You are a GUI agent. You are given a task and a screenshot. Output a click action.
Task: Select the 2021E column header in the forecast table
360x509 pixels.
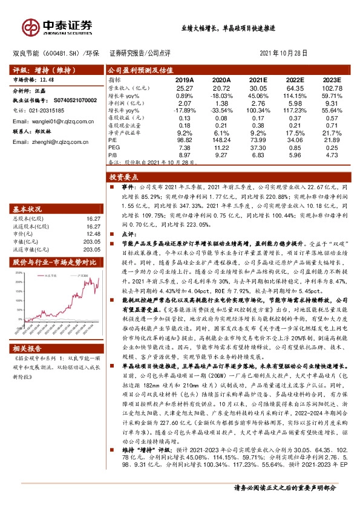258,79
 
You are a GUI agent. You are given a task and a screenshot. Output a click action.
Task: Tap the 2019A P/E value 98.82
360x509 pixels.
185,139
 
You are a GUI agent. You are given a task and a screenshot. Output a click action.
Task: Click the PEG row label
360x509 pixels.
113,147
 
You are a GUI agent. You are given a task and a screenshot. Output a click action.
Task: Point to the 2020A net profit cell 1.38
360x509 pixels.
221,103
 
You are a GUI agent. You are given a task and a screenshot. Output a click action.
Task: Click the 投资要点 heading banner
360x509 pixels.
124,178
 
